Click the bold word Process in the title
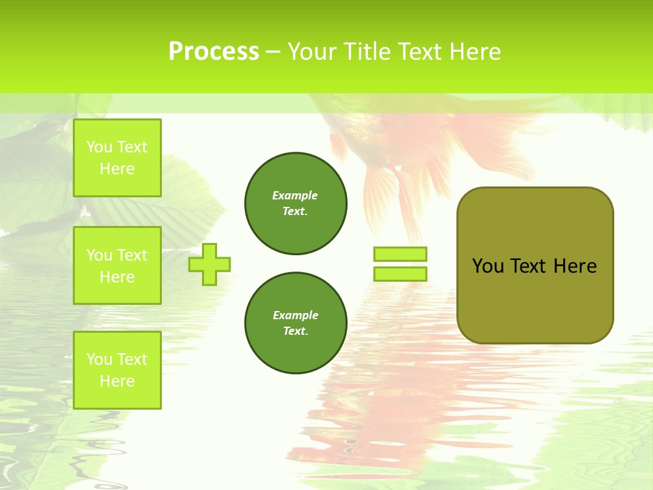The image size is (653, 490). pos(214,52)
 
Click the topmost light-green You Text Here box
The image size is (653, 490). pos(117,158)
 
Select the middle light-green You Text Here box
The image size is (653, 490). pos(117,265)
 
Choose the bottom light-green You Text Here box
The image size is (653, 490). pos(117,370)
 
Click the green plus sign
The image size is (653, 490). pos(210,264)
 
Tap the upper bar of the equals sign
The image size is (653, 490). pos(400,255)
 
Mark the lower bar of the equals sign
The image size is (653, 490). pos(400,274)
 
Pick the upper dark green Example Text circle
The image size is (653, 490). pos(295,203)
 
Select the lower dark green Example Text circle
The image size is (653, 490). pos(295,323)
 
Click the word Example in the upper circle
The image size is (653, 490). pos(295,195)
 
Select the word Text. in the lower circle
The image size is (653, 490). pos(295,331)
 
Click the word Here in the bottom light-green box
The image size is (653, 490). pos(117,381)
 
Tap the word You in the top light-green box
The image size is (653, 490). pos(99,147)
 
